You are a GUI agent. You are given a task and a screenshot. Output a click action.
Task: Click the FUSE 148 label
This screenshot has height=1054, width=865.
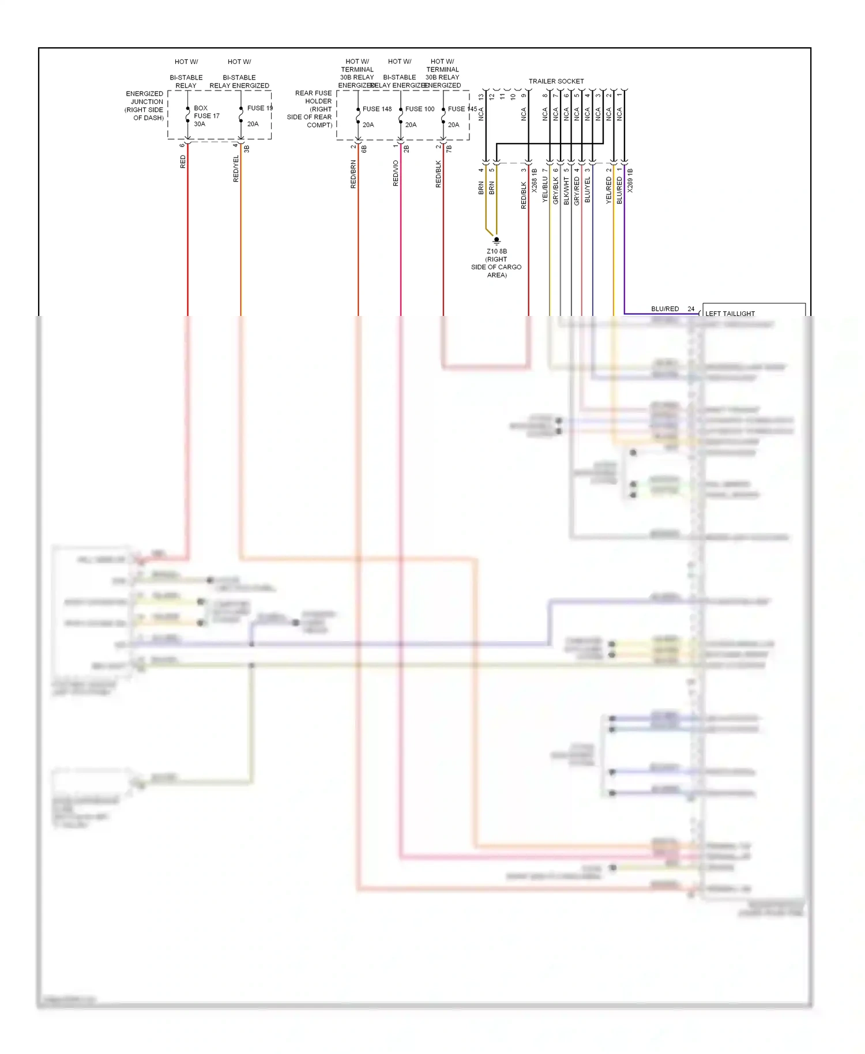click(x=377, y=109)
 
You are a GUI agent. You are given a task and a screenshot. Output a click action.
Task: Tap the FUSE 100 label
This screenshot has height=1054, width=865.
click(x=419, y=109)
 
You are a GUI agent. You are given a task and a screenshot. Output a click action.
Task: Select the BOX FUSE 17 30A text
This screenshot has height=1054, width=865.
click(x=206, y=116)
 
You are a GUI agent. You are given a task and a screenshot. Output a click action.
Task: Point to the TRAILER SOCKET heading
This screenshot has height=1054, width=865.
click(x=556, y=81)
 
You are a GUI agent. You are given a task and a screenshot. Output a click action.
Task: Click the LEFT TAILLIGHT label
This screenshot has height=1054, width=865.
click(x=729, y=314)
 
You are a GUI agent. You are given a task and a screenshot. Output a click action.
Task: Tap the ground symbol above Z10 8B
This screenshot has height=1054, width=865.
click(x=497, y=240)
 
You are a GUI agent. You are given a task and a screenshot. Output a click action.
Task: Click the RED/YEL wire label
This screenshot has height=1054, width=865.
click(x=236, y=168)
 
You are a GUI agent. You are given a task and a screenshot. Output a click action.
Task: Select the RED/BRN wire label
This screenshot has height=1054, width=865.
click(x=353, y=174)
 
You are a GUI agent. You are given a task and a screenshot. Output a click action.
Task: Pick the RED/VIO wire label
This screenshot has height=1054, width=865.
click(x=396, y=173)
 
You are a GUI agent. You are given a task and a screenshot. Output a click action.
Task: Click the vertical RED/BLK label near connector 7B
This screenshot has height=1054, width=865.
click(x=438, y=174)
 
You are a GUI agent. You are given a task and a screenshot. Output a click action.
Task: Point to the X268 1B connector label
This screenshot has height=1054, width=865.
click(x=535, y=180)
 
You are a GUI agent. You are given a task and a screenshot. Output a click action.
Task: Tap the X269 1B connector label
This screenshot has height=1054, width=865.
click(x=630, y=180)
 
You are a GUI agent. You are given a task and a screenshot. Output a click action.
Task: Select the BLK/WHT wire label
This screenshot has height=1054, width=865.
click(x=566, y=190)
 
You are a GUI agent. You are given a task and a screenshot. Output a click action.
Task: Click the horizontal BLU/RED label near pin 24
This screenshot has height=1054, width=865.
click(x=664, y=309)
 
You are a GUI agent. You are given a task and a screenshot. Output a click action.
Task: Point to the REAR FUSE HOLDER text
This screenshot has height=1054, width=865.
click(x=313, y=97)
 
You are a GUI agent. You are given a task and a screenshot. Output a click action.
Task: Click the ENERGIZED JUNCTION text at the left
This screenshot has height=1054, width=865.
click(x=145, y=97)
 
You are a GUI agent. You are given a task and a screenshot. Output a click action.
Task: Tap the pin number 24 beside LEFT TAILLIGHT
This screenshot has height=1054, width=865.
click(x=691, y=309)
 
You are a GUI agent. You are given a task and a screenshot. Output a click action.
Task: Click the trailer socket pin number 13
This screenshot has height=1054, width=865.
click(x=481, y=97)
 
